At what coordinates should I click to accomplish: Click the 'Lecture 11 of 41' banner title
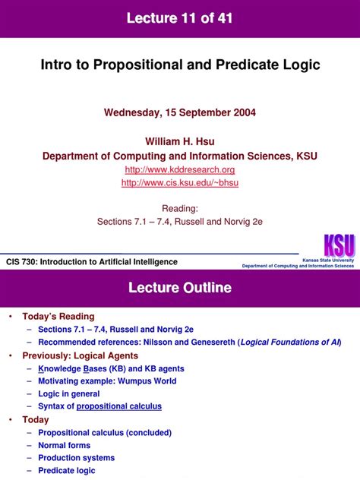pyautogui.click(x=180, y=18)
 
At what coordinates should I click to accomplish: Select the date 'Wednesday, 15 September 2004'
pyautogui.click(x=180, y=112)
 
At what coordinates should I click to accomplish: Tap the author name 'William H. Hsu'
pyautogui.click(x=180, y=141)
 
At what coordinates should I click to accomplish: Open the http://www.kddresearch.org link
pyautogui.click(x=180, y=169)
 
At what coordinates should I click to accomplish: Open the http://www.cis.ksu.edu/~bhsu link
pyautogui.click(x=180, y=183)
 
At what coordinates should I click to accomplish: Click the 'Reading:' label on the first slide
pyautogui.click(x=180, y=208)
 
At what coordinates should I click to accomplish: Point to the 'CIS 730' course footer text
pyautogui.click(x=91, y=261)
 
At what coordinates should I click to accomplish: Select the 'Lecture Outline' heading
pyautogui.click(x=180, y=288)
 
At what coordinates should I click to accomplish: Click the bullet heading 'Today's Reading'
pyautogui.click(x=58, y=317)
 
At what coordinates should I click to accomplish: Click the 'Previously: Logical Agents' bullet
pyautogui.click(x=80, y=355)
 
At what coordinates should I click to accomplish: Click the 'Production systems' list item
pyautogui.click(x=76, y=458)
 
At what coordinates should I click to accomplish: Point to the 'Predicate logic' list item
pyautogui.click(x=68, y=471)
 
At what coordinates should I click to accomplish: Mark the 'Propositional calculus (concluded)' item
pyautogui.click(x=103, y=433)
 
